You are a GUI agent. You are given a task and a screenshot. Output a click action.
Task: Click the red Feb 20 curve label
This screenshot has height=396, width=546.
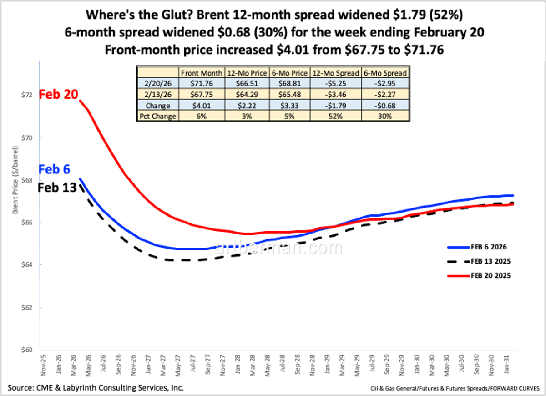(59, 95)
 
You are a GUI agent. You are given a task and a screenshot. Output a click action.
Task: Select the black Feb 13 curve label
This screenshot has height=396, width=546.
(58, 187)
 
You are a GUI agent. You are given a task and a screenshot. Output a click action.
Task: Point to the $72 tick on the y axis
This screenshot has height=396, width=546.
(26, 95)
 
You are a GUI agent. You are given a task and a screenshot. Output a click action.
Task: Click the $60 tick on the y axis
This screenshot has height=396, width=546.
(26, 350)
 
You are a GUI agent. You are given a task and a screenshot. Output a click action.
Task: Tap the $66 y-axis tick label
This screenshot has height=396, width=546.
(26, 223)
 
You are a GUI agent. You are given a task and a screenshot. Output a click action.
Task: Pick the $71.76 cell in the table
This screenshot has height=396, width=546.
(202, 82)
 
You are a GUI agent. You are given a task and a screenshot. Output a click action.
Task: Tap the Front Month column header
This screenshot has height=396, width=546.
(202, 72)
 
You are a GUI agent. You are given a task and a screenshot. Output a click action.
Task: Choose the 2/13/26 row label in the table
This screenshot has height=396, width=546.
(157, 94)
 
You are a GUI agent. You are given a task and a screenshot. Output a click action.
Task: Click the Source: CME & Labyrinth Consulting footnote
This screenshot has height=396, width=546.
(96, 388)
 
